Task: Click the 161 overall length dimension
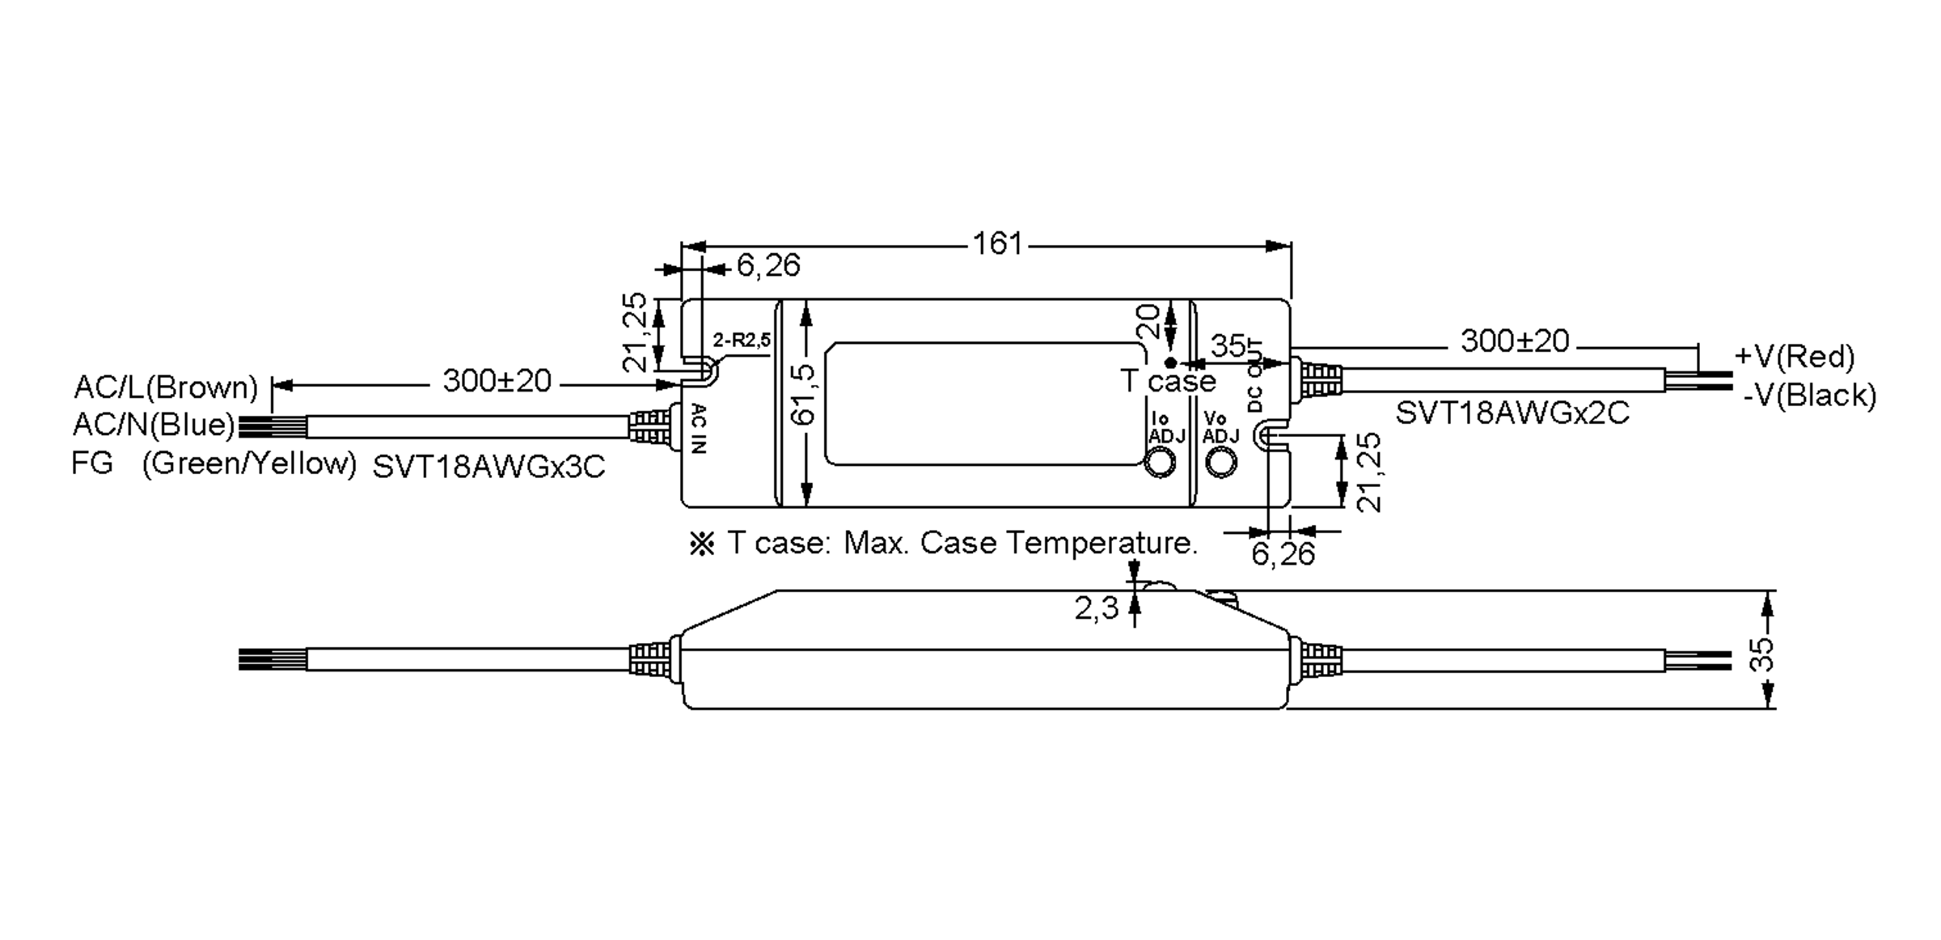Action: (x=997, y=243)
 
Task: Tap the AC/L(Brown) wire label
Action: (x=166, y=387)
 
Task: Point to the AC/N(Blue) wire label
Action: (x=154, y=425)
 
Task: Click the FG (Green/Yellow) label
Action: (x=214, y=464)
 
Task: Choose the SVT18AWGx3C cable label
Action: (x=488, y=467)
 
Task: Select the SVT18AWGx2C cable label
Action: (x=1512, y=413)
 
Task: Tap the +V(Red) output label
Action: (x=1794, y=356)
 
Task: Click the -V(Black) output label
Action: (x=1809, y=396)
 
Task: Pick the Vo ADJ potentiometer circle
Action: (x=1220, y=462)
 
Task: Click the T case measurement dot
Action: (x=1169, y=363)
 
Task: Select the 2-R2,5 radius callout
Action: (x=742, y=340)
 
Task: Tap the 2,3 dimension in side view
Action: (x=1096, y=608)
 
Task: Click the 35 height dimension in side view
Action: (x=1761, y=654)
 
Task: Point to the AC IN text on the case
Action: (x=700, y=429)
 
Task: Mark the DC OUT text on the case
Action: (x=1254, y=376)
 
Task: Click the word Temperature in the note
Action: (x=1102, y=542)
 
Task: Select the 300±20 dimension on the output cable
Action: (x=1514, y=341)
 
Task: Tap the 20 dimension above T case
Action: (x=1148, y=321)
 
